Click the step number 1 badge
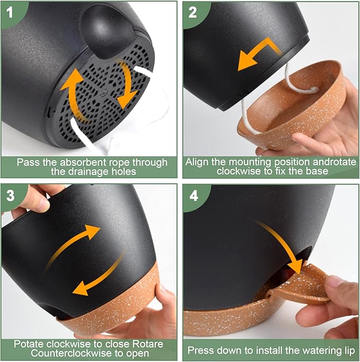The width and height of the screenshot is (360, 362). [x=10, y=12]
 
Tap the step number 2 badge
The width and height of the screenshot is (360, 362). [x=192, y=12]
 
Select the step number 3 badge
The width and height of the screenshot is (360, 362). [x=10, y=196]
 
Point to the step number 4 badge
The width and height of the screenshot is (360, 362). [x=194, y=196]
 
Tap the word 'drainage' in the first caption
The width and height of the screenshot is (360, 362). [x=91, y=172]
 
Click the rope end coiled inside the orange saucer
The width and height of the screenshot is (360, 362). [x=314, y=90]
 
